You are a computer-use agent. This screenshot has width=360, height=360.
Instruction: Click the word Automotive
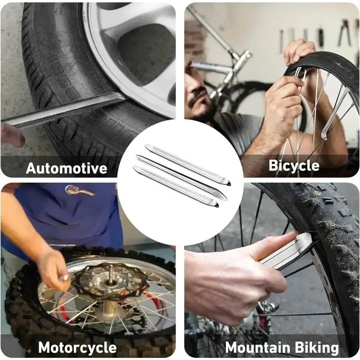pos(67,168)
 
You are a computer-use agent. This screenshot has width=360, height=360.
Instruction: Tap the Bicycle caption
pos(294,166)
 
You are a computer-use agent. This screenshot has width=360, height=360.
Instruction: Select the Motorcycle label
pos(77,347)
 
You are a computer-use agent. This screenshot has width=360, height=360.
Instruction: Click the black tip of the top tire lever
pos(228,184)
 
